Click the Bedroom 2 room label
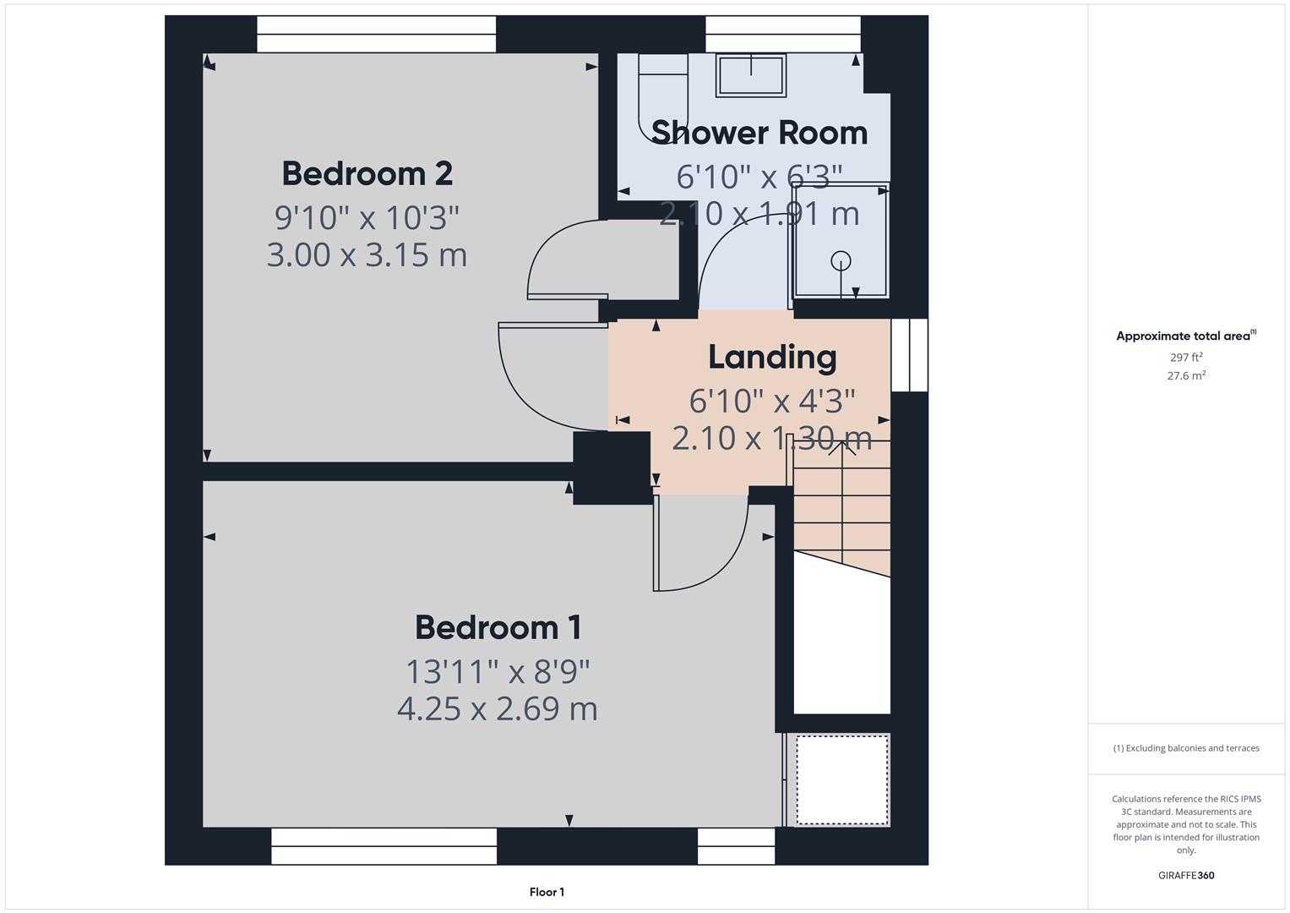tap(367, 173)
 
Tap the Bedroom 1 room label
tap(498, 627)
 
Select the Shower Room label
tap(759, 133)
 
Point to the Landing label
tap(772, 357)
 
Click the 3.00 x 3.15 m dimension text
tap(367, 254)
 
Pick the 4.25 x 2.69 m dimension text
tap(498, 708)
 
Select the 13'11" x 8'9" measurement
tap(498, 672)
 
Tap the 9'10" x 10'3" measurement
tap(367, 217)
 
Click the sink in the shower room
tap(751, 74)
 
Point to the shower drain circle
tap(841, 260)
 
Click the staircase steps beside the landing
tap(841, 507)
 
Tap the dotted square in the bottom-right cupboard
tap(842, 779)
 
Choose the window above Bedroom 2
tap(376, 34)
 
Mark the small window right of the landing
tap(910, 355)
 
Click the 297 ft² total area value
tap(1185, 358)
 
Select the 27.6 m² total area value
tap(1185, 376)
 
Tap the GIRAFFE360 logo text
tap(1185, 875)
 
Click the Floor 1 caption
tap(547, 892)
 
